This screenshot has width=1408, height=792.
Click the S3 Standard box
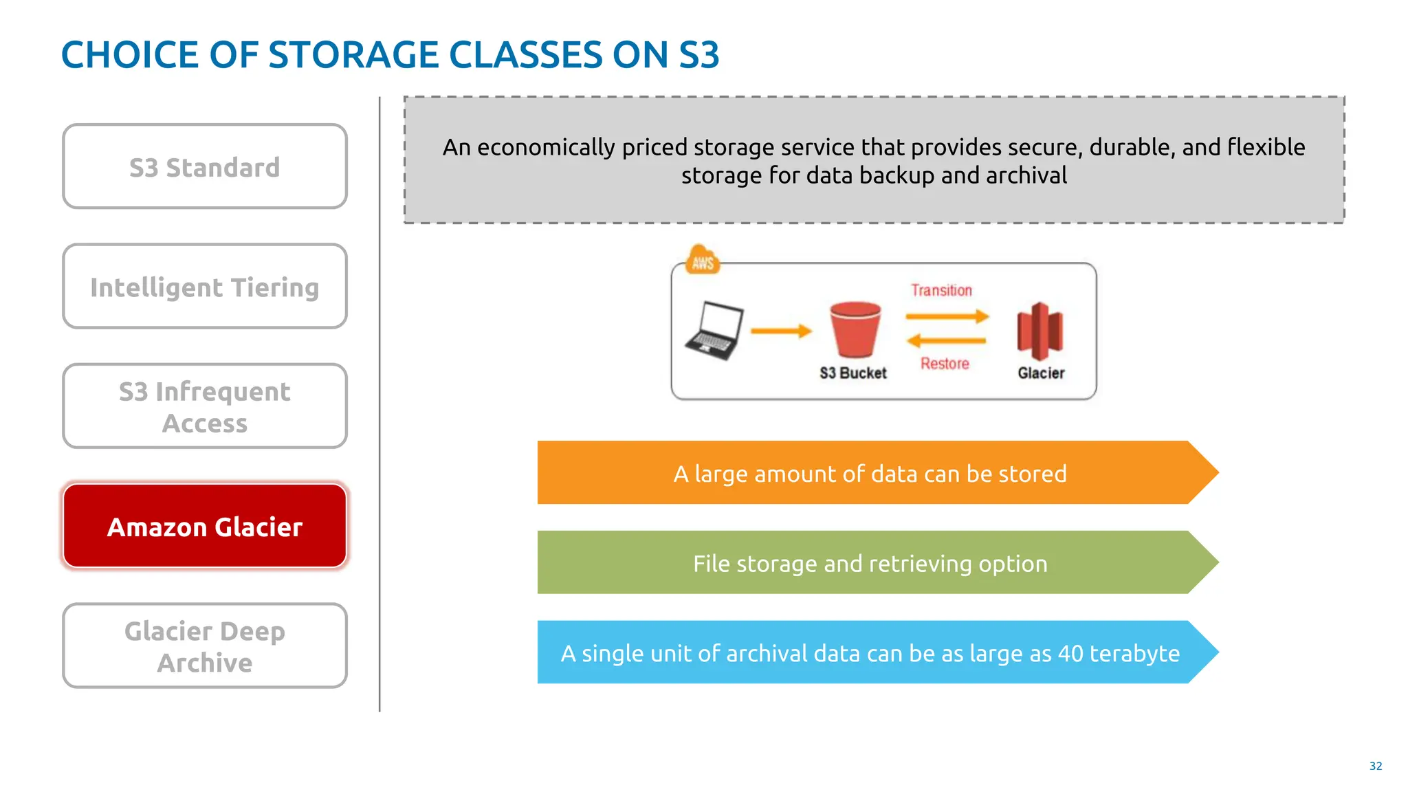coord(205,166)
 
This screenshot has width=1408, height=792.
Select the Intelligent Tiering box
coord(205,286)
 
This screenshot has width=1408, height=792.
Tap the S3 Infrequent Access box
coord(205,406)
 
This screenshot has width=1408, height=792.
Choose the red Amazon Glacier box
coord(205,526)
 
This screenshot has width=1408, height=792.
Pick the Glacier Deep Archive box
coord(205,646)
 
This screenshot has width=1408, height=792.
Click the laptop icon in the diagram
coord(714,331)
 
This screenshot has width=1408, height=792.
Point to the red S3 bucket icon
coord(855,329)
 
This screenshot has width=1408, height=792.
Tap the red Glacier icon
coord(1039,331)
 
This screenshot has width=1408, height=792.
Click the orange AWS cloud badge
coord(703,261)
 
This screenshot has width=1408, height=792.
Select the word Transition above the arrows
coord(941,290)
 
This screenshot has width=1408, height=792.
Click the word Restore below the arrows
coord(945,364)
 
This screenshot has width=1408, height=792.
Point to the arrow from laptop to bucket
coord(781,331)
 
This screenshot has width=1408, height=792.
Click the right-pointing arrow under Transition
coord(947,316)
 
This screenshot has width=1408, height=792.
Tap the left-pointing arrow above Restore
coord(946,340)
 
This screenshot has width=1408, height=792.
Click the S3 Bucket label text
coord(852,373)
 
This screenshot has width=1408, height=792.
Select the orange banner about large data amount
coord(870,473)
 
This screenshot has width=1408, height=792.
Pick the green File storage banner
coord(870,563)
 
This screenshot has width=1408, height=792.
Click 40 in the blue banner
coord(1070,653)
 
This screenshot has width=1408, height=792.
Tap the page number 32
coord(1375,766)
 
